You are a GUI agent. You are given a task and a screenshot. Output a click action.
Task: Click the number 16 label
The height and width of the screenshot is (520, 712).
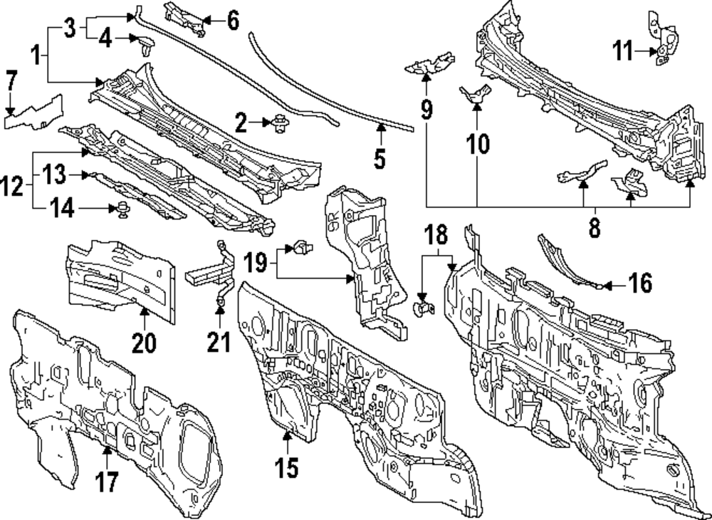[x=640, y=284]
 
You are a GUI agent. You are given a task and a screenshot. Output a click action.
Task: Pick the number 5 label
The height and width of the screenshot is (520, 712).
[x=379, y=157]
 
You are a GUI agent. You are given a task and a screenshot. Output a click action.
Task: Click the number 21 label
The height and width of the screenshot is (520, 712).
[x=219, y=343]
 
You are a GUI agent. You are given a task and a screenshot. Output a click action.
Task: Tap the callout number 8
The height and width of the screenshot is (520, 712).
[x=595, y=228]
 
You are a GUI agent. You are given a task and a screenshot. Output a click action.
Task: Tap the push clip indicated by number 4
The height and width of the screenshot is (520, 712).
[x=147, y=49]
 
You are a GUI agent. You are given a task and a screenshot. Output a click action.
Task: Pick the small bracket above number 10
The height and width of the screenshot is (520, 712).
[x=475, y=93]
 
